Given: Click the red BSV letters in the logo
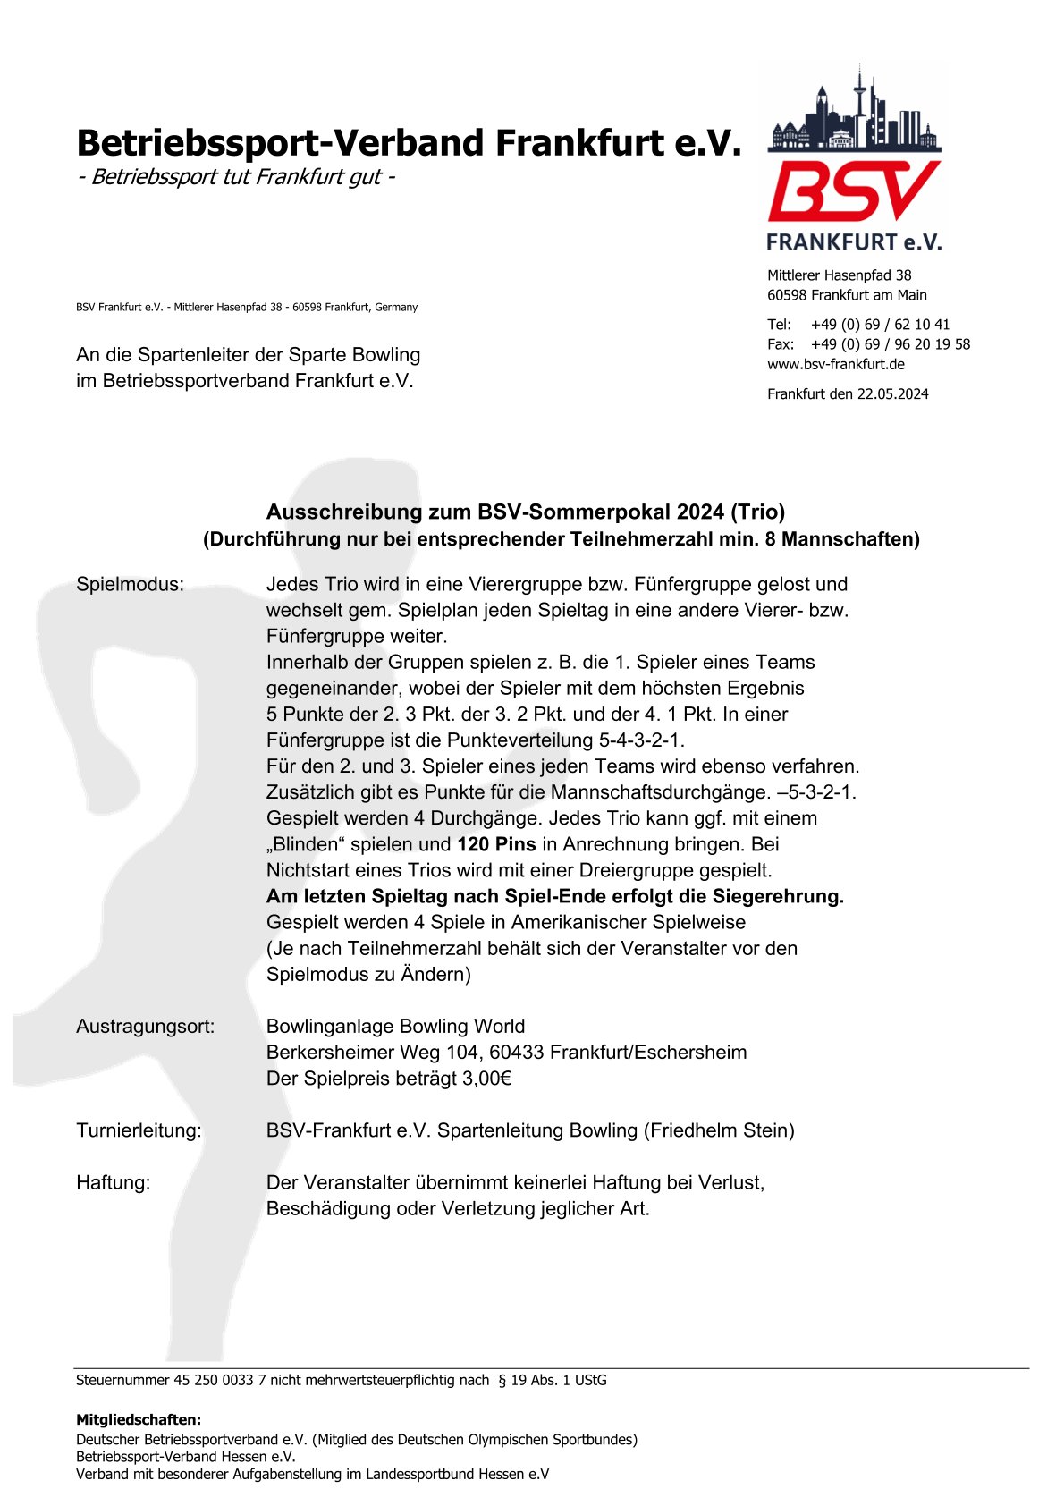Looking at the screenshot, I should [x=853, y=190].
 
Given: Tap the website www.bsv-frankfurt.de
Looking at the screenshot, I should [x=835, y=364].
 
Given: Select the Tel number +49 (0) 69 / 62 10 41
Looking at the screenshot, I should [x=880, y=325].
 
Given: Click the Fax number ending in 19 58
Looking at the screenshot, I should [x=890, y=344].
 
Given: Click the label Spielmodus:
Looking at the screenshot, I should [x=130, y=584].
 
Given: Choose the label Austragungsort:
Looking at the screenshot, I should [x=145, y=1027].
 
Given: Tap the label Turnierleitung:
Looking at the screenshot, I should [x=139, y=1130].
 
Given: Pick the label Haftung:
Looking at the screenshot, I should [x=114, y=1182].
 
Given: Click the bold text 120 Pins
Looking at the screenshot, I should [x=496, y=844].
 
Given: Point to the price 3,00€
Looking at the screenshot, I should [x=486, y=1079].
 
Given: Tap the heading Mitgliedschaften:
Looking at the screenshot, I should [x=139, y=1419].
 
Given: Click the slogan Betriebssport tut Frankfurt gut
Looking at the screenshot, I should [x=237, y=176].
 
